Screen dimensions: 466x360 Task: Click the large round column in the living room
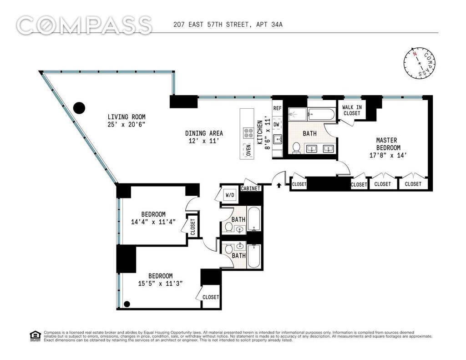[x=79, y=108]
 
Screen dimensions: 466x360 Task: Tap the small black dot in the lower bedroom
[x=127, y=304]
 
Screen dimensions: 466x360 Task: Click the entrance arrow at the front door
[x=279, y=186]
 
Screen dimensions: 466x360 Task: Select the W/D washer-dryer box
[x=230, y=195]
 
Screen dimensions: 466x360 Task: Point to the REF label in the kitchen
[x=277, y=108]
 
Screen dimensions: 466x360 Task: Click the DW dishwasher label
[x=276, y=125]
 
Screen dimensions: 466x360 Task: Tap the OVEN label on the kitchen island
[x=248, y=150]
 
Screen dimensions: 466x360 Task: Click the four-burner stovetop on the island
[x=248, y=132]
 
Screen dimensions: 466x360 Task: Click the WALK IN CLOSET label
[x=352, y=110]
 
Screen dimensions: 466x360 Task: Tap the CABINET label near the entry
[x=251, y=188]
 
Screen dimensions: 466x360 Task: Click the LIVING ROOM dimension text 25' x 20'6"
[x=127, y=125]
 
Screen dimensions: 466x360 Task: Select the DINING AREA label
[x=204, y=133]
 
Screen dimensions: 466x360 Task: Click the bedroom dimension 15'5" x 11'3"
[x=160, y=283]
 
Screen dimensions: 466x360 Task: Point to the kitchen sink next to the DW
[x=277, y=139]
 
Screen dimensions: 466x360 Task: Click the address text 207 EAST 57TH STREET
[x=211, y=25]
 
